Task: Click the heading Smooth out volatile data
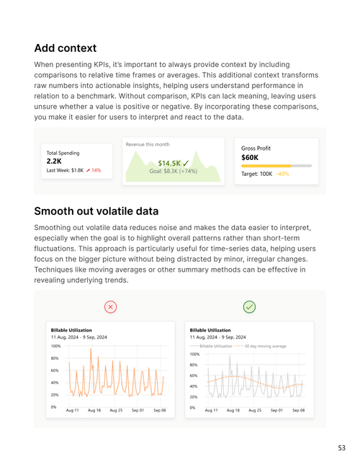point(96,211)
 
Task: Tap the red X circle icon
point(110,307)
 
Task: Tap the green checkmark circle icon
point(249,307)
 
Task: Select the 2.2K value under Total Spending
point(54,161)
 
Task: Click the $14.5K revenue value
point(170,164)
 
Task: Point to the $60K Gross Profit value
point(250,157)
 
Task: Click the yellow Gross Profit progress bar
point(266,166)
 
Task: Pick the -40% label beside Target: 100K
point(282,174)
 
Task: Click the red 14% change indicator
point(94,171)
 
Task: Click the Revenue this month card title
point(148,144)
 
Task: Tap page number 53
point(341,448)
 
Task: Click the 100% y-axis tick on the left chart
point(55,346)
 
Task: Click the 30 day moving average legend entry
point(263,347)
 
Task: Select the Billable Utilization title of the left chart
point(72,329)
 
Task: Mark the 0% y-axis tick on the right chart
point(192,407)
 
